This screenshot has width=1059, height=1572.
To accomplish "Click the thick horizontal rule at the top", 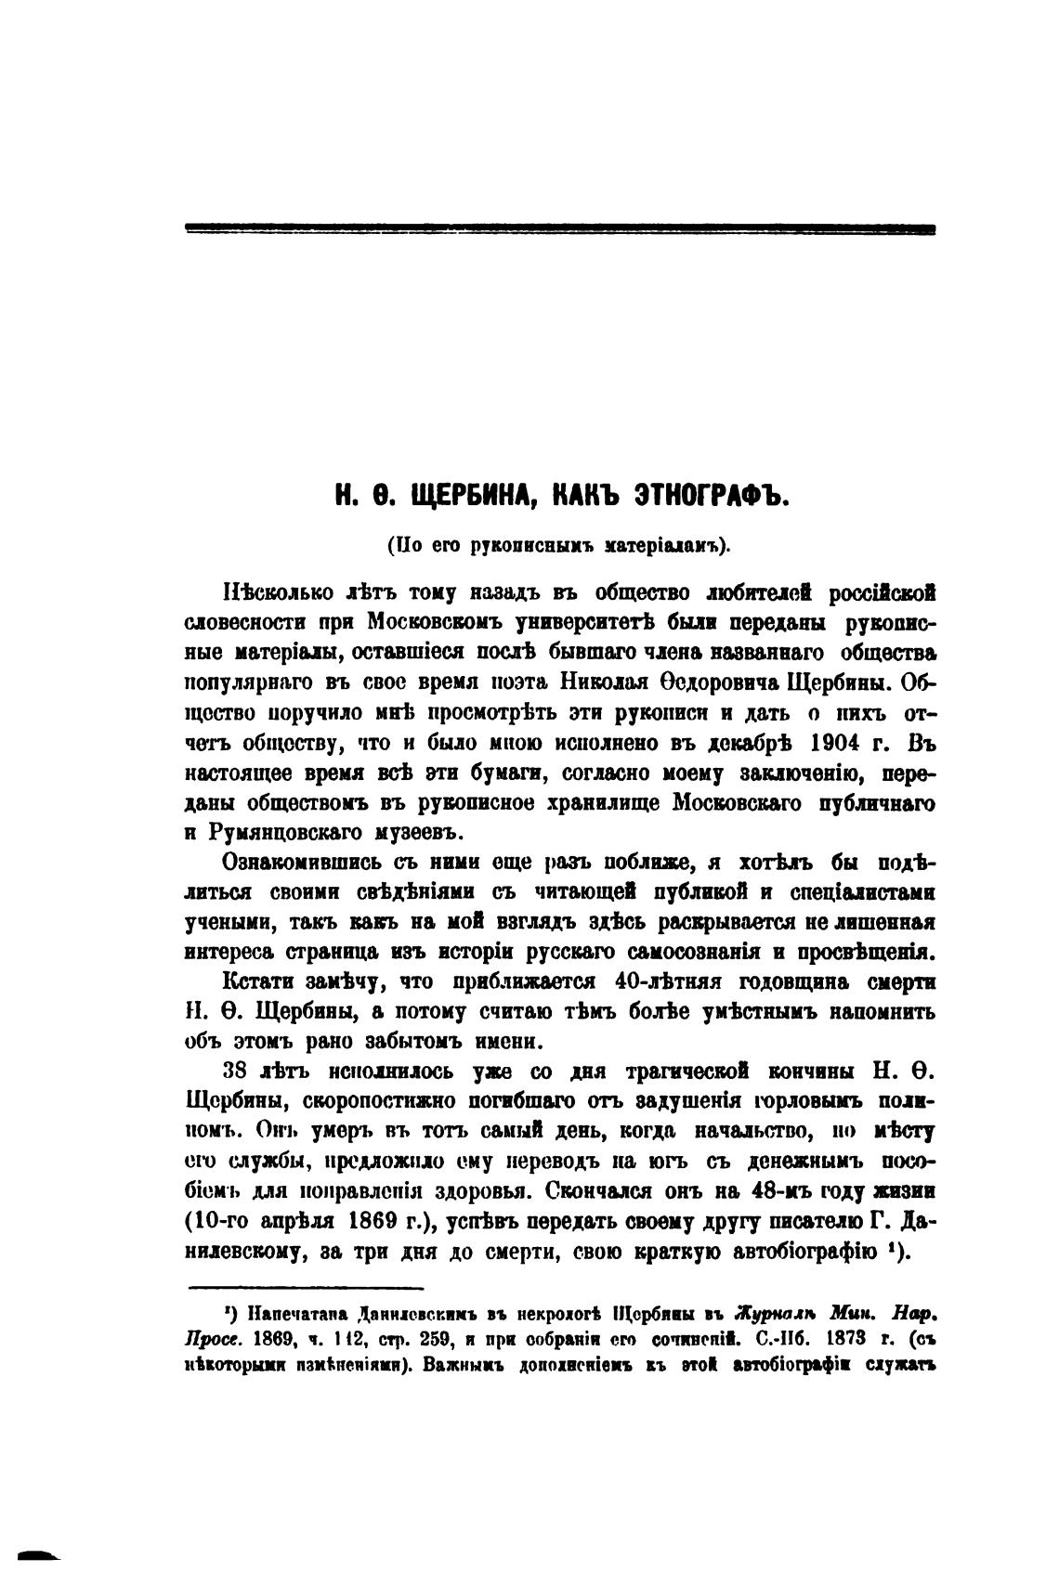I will point(560,227).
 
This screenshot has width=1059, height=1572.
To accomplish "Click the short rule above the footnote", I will point(307,1287).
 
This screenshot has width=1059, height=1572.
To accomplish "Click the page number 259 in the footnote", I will point(434,1339).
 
